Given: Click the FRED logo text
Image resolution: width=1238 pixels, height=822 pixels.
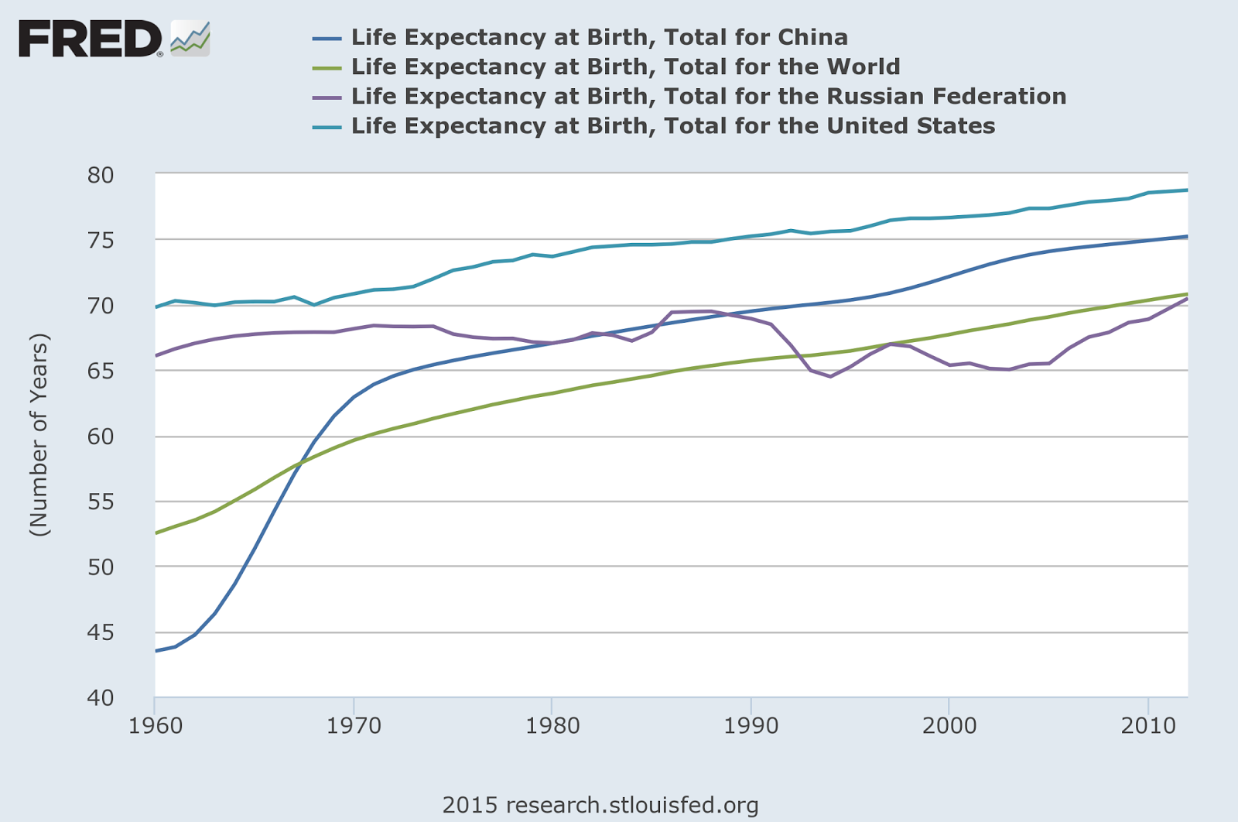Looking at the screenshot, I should (90, 39).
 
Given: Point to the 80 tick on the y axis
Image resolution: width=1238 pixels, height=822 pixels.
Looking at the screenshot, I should (101, 175).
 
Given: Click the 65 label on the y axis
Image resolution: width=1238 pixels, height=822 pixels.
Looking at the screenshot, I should (101, 371).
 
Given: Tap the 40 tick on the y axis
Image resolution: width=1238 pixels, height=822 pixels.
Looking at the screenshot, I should (101, 697).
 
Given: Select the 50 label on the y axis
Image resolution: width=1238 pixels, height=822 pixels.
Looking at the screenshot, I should (101, 567).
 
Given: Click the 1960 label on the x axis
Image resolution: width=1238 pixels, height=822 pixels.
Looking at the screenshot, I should (156, 726).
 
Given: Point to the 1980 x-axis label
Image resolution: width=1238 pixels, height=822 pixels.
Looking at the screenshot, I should (552, 726).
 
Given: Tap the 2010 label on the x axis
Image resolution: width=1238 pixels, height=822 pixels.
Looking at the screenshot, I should (1147, 726).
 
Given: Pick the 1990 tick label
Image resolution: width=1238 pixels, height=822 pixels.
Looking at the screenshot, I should (751, 726).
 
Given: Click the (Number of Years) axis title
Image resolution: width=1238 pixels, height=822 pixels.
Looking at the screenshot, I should (39, 435).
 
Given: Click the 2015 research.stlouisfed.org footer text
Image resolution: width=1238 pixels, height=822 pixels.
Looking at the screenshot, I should (600, 805).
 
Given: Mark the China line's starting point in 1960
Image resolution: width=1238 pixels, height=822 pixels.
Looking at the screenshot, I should (156, 650).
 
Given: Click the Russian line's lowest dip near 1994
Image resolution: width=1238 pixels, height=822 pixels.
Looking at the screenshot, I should (830, 376).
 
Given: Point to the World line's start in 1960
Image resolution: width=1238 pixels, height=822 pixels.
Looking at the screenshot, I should (156, 533).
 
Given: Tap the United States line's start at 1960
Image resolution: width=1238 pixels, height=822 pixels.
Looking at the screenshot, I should (156, 307).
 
